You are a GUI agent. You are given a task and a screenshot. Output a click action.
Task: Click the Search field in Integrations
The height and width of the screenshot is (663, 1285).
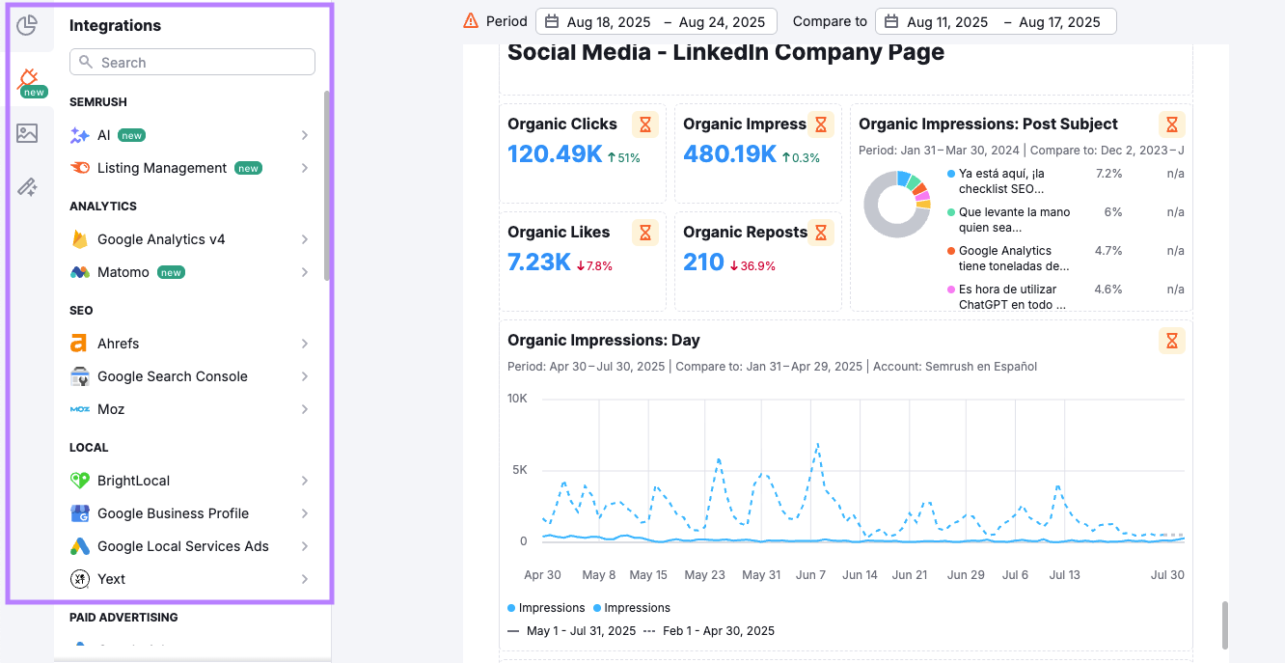point(193,63)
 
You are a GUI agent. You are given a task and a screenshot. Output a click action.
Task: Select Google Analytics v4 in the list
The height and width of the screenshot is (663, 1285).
point(161,239)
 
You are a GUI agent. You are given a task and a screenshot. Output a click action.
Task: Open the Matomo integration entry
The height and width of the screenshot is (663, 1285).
point(123,272)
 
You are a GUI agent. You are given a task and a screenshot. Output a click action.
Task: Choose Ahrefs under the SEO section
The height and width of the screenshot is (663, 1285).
point(118,344)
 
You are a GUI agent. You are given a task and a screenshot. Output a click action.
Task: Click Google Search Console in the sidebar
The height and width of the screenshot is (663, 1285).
point(172,376)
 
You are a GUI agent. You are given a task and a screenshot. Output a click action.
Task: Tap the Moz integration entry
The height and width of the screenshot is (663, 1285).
point(111,409)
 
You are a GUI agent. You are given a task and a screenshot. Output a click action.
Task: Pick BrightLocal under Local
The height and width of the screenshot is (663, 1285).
point(133,481)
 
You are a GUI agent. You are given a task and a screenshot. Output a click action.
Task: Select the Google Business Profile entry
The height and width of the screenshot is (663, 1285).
point(173,513)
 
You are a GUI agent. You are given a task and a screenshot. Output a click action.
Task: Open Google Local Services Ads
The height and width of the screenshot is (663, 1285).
point(182,546)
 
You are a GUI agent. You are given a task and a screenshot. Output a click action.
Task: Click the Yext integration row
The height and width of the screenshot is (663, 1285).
point(111,579)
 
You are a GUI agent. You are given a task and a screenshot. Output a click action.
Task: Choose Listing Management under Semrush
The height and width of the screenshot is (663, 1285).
point(162,168)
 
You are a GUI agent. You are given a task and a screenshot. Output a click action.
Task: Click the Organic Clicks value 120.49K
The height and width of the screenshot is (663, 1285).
point(555,154)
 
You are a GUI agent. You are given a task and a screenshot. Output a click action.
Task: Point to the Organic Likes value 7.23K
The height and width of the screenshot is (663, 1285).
point(538,262)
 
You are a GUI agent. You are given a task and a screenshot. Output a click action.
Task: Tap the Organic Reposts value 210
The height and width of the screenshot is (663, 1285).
point(703,262)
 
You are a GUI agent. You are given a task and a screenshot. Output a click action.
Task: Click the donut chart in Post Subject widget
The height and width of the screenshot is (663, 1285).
point(897,205)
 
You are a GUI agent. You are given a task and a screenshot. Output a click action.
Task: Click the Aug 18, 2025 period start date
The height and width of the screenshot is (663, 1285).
point(608,21)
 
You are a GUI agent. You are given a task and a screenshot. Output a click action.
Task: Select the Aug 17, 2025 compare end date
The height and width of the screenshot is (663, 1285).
point(1059,21)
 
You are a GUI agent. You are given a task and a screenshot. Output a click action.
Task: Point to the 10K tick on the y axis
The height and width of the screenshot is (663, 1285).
point(517,399)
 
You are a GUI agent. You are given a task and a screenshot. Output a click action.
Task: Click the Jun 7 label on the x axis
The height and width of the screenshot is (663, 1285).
point(810,575)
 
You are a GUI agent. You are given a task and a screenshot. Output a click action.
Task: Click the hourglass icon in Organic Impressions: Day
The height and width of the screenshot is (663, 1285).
point(1171,341)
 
